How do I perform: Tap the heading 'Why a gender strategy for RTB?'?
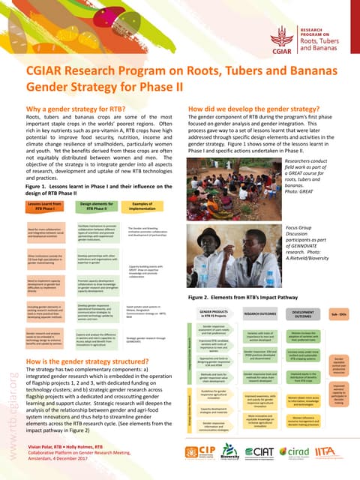pos(80,109)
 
